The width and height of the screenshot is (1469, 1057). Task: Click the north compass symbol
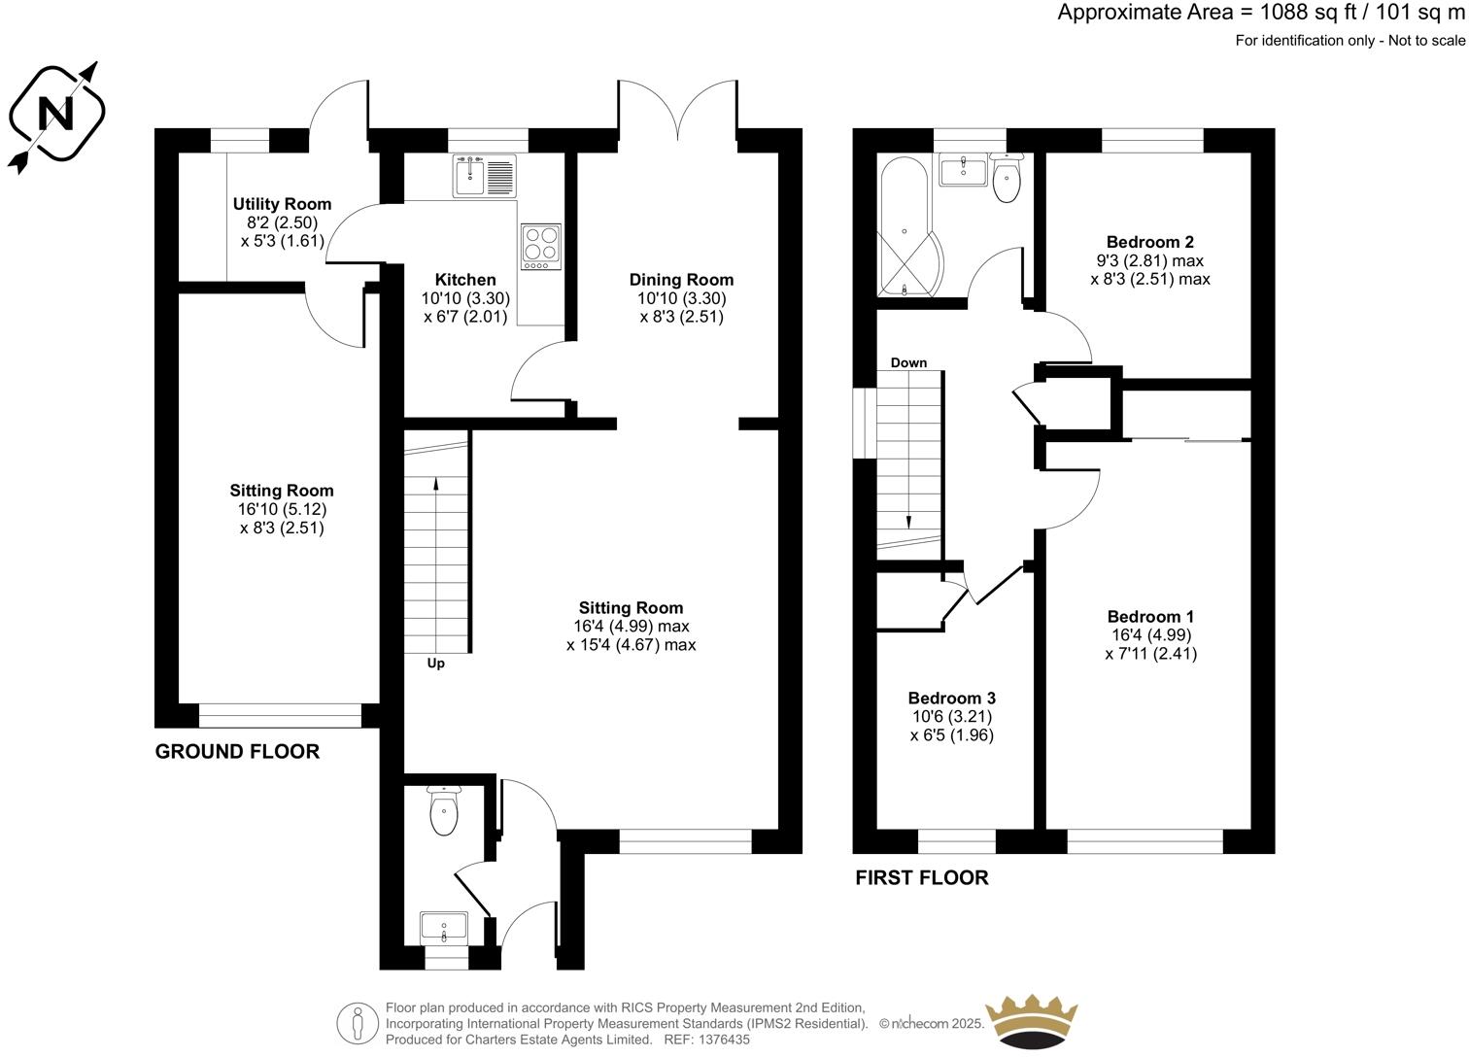point(56,116)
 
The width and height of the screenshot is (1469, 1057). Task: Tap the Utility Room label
point(282,204)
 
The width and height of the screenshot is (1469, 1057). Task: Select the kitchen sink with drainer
point(484,176)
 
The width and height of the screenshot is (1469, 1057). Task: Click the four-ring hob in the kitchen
point(540,246)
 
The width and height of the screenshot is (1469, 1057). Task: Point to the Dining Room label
point(681,280)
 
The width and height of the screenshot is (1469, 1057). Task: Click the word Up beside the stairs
point(436,665)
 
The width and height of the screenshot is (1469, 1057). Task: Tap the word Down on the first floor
point(908,362)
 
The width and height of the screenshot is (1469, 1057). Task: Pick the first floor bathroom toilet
point(1007,179)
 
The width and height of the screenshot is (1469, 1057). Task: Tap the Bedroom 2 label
point(1149,242)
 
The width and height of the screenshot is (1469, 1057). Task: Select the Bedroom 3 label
point(951,698)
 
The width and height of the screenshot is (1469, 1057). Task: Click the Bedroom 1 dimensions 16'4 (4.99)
point(1150,635)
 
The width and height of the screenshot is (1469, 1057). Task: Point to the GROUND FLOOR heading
point(237,751)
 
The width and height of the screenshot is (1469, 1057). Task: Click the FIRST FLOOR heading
point(921,878)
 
